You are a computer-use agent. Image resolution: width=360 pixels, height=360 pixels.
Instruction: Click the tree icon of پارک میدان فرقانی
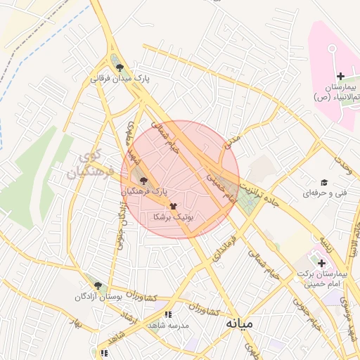point(120,68)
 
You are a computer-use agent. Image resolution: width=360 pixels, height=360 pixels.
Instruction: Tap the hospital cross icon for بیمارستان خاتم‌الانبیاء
point(340,76)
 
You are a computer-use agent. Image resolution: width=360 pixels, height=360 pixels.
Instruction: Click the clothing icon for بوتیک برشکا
point(173,206)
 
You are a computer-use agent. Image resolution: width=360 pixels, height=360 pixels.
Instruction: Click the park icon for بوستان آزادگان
point(98,285)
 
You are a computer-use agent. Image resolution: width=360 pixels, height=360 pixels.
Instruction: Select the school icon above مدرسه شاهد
point(167,315)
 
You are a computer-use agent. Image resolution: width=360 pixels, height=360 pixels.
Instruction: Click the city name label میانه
point(240,325)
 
